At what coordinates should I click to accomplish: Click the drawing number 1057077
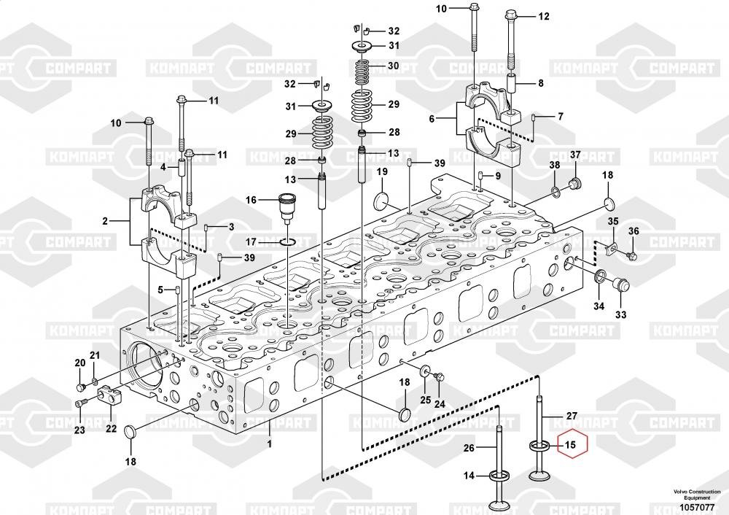coord(697,507)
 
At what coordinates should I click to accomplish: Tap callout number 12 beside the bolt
coord(544,16)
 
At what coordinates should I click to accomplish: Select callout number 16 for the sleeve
coord(251,200)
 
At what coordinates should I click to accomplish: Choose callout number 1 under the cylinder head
coord(269,444)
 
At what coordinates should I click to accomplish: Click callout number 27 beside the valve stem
coord(572,416)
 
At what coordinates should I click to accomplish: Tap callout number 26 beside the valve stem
coord(469,448)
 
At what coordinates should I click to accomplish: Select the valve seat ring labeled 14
coord(500,476)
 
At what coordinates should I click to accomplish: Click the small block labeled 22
coord(110,395)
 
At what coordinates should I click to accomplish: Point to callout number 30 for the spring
coord(394,66)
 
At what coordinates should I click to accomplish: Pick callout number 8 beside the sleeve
coord(541,83)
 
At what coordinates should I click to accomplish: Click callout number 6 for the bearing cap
coord(432,119)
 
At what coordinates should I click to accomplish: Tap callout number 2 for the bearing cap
coord(105,221)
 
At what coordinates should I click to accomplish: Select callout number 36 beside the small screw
coord(634,231)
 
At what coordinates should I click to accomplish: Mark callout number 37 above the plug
coord(576,155)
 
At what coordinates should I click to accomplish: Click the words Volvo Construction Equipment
coord(697,495)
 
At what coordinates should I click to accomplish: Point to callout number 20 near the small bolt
coord(80,363)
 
